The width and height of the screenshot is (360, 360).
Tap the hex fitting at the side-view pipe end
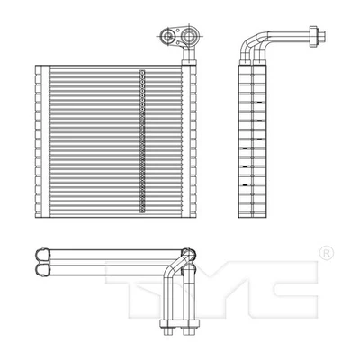(x=314, y=38)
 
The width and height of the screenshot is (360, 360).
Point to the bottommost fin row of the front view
(x=112, y=212)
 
